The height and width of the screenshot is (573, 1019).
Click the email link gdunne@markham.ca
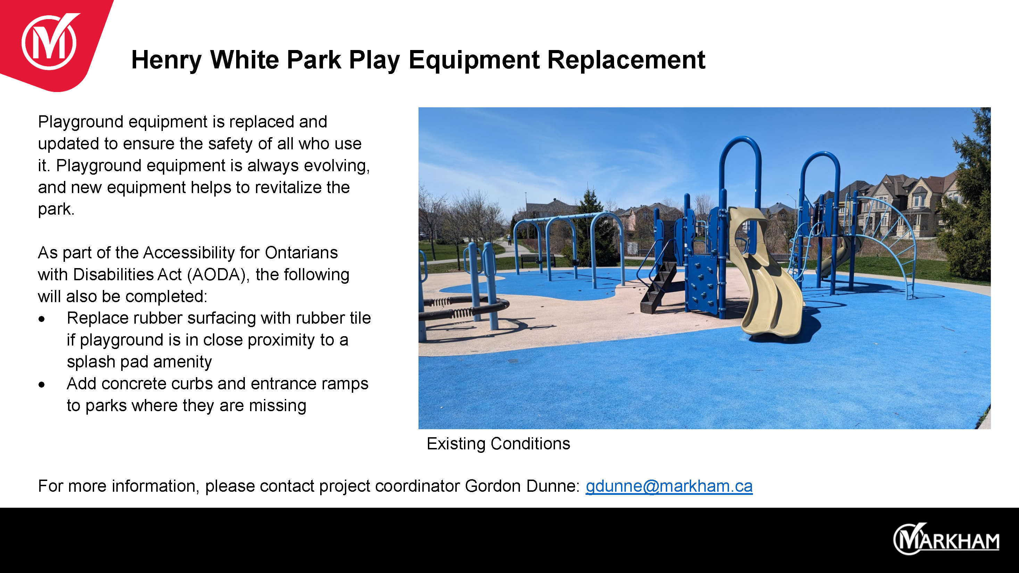(669, 486)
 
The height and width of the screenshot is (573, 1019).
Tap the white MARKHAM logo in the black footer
(946, 539)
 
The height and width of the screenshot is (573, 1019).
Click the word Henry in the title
(166, 60)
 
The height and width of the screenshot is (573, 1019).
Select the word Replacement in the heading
(626, 60)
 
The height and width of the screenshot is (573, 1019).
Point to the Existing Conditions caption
(498, 444)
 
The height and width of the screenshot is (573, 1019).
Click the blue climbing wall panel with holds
(703, 282)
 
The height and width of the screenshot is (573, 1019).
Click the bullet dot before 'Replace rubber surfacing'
(42, 319)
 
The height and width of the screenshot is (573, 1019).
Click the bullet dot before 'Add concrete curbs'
(42, 385)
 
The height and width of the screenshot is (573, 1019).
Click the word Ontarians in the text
(301, 253)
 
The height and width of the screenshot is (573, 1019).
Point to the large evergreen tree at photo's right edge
(965, 198)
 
